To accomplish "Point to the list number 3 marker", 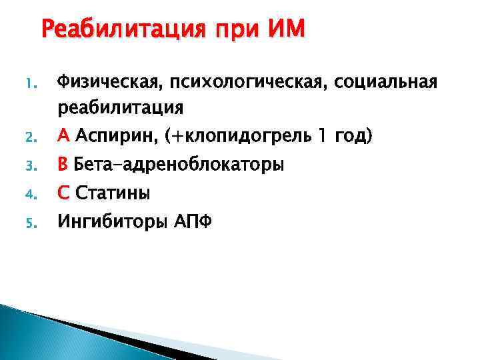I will [x=19, y=166].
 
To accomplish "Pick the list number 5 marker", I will [x=19, y=223].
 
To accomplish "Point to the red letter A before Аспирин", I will [x=63, y=136].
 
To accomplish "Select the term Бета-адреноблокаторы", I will [x=179, y=165].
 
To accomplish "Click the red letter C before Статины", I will [x=63, y=193].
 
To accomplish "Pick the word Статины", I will [x=113, y=193].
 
